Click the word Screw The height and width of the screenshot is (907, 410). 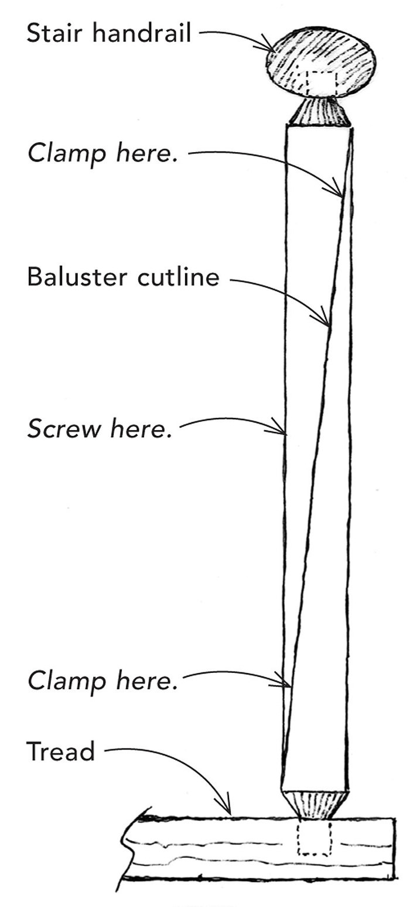click(x=59, y=431)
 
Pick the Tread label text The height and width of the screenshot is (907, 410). click(x=60, y=751)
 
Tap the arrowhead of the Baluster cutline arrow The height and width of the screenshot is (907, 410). click(x=327, y=322)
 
